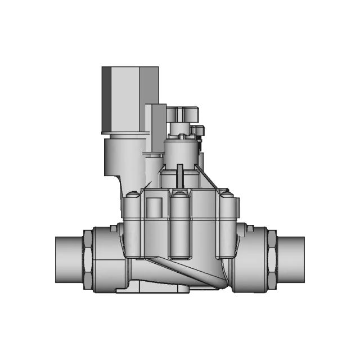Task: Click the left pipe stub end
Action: coord(69,259)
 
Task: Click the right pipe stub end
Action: coord(291,259)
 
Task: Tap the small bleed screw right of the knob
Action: coord(198,132)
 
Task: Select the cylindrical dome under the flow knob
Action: coord(181,151)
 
